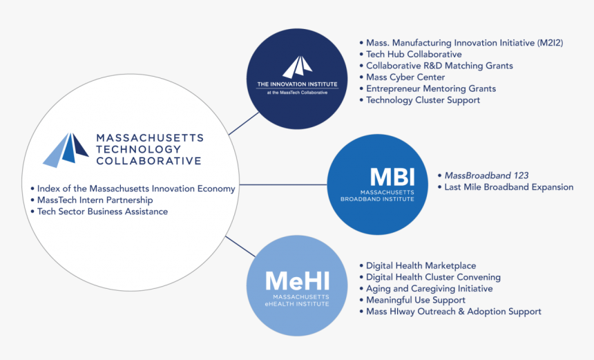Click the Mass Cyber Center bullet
tap(405, 77)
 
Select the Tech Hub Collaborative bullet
tap(414, 54)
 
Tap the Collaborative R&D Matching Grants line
tap(439, 66)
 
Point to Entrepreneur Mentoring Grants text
tap(431, 88)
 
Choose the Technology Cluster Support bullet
tap(423, 100)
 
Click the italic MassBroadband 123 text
tap(486, 176)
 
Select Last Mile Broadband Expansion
tap(508, 187)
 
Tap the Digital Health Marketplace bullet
tap(421, 265)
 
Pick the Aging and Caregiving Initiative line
tap(429, 288)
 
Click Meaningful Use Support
tap(415, 300)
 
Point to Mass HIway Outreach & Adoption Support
tap(453, 312)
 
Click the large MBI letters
tap(392, 177)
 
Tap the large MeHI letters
tap(298, 281)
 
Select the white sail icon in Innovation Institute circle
tap(297, 67)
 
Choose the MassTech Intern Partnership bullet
tap(95, 200)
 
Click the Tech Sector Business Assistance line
tap(102, 211)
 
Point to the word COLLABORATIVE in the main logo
tap(148, 161)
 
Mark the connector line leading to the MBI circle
tap(283, 184)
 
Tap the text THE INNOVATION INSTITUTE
tap(297, 84)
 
